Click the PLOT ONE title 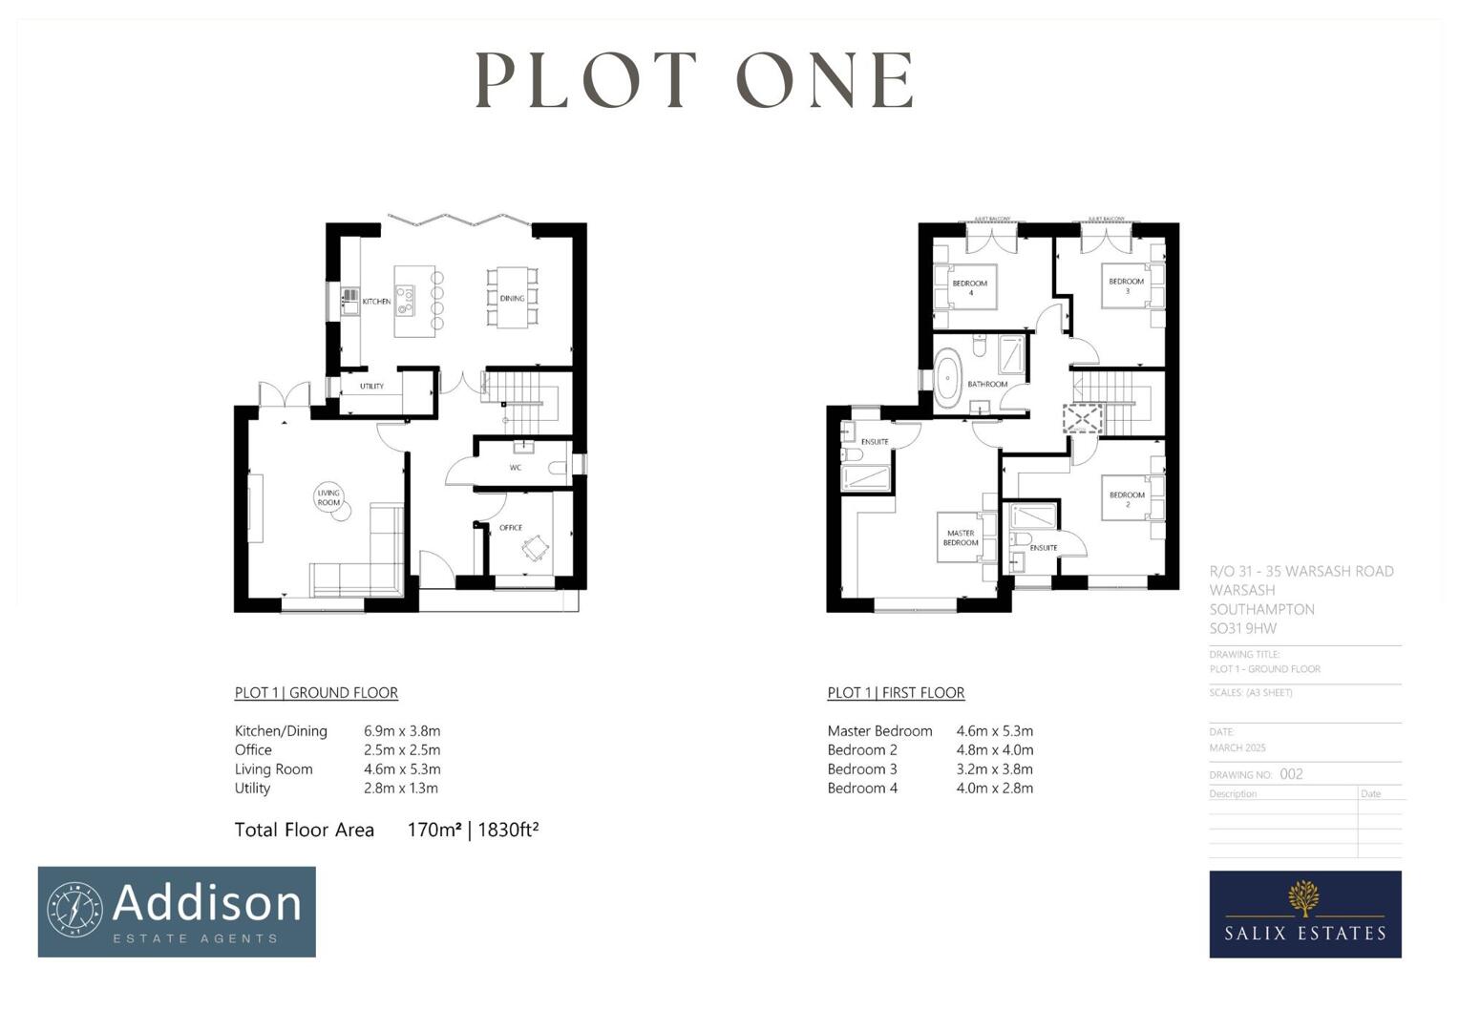(x=694, y=80)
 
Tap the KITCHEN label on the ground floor (x=376, y=302)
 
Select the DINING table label (x=512, y=298)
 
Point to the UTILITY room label (x=371, y=387)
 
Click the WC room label (x=516, y=468)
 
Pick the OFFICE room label (x=511, y=528)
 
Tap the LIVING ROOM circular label (x=328, y=497)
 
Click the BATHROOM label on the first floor (x=987, y=384)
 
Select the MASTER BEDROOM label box (x=961, y=538)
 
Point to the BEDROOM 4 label (x=970, y=287)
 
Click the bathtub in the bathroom (x=948, y=378)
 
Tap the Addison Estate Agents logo (x=177, y=912)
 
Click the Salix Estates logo (x=1304, y=914)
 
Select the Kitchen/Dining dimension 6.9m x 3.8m (x=402, y=731)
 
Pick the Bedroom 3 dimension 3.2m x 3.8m (x=995, y=769)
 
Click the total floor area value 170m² (x=434, y=831)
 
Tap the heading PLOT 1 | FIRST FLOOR (x=896, y=693)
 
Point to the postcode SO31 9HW (x=1242, y=628)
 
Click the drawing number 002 (x=1291, y=774)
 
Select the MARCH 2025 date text (x=1237, y=747)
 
